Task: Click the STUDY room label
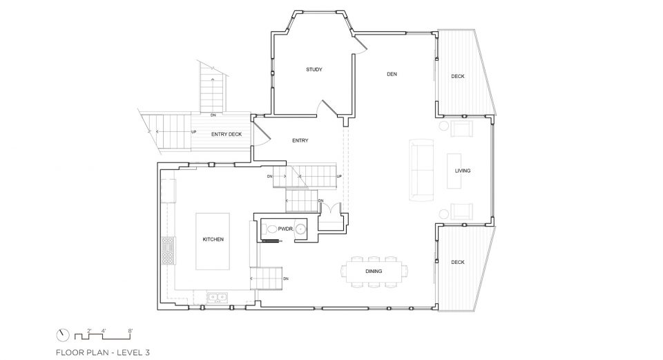click(314, 69)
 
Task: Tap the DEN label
click(392, 74)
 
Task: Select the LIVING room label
click(463, 171)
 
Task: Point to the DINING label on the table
click(374, 271)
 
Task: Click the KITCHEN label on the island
click(213, 240)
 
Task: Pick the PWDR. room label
click(285, 229)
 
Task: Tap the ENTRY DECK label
click(227, 134)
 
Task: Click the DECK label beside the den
click(457, 77)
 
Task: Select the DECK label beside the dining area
click(457, 263)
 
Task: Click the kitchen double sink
click(217, 297)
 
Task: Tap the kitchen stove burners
click(169, 251)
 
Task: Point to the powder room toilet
click(270, 229)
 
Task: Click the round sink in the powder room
click(300, 229)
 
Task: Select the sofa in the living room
click(421, 170)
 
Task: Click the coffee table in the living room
click(454, 171)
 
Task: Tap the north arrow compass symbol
click(63, 335)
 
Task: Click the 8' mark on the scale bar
click(131, 331)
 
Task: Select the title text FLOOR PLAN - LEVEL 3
click(103, 352)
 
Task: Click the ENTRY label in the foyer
click(300, 140)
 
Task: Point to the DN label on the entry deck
click(213, 115)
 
